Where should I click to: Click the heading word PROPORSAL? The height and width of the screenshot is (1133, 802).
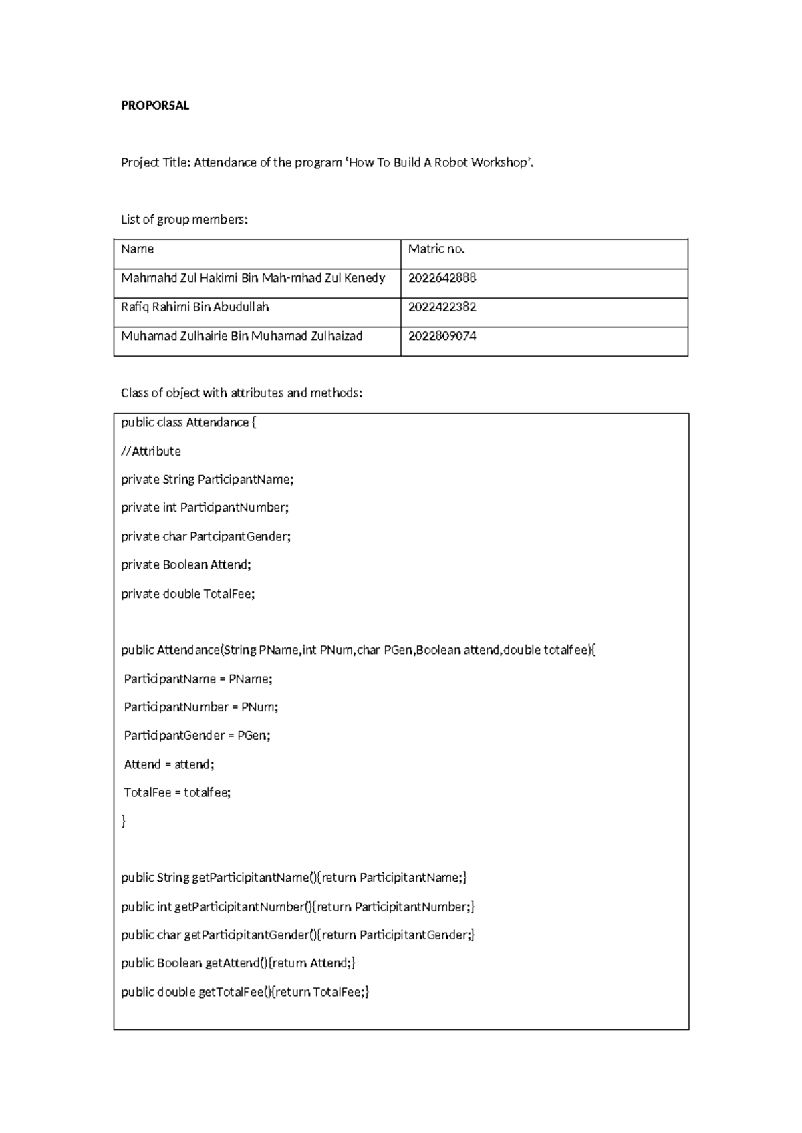pyautogui.click(x=155, y=106)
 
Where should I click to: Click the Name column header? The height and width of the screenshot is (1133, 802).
pyautogui.click(x=138, y=249)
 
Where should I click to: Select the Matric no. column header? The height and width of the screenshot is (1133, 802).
pyautogui.click(x=436, y=249)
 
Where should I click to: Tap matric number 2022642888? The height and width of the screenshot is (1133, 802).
pyautogui.click(x=442, y=278)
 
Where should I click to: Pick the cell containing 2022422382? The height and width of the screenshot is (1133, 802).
pyautogui.click(x=442, y=307)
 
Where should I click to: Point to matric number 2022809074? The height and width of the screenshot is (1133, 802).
pyautogui.click(x=442, y=336)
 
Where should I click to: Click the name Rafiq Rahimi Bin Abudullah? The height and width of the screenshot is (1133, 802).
pyautogui.click(x=195, y=307)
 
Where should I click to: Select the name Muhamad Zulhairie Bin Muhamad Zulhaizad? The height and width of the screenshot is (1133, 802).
pyautogui.click(x=241, y=336)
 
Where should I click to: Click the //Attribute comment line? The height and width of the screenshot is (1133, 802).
pyautogui.click(x=151, y=452)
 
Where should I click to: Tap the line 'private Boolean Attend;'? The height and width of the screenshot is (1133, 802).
pyautogui.click(x=186, y=565)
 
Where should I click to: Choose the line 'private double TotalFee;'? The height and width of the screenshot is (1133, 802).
pyautogui.click(x=188, y=594)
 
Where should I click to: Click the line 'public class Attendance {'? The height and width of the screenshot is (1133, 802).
pyautogui.click(x=188, y=423)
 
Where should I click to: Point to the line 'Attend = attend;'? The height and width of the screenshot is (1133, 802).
pyautogui.click(x=169, y=764)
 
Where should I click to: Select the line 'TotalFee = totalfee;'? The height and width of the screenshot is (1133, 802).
pyautogui.click(x=177, y=793)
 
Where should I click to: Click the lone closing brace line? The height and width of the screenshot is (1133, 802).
pyautogui.click(x=124, y=822)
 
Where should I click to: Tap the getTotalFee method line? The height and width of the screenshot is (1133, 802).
pyautogui.click(x=245, y=992)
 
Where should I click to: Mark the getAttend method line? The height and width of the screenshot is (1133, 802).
pyautogui.click(x=238, y=963)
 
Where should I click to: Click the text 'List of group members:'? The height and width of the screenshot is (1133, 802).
pyautogui.click(x=184, y=220)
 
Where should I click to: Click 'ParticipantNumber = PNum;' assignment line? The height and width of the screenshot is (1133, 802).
pyautogui.click(x=201, y=707)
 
